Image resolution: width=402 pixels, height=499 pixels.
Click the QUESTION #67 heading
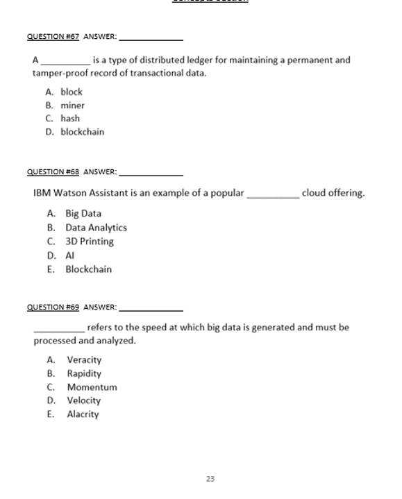point(53,37)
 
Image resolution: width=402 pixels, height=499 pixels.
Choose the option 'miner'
point(72,105)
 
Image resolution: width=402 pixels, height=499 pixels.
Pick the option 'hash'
point(70,119)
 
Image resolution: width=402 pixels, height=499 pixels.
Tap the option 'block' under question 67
point(72,92)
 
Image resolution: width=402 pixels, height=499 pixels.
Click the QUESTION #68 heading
point(53,172)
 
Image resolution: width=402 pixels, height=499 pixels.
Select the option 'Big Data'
point(83,214)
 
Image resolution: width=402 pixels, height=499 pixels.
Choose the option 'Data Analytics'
point(96,228)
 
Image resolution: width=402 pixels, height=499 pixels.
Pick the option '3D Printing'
point(90,242)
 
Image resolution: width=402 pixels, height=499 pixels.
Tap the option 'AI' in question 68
point(71,255)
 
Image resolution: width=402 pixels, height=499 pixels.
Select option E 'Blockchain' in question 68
point(88,269)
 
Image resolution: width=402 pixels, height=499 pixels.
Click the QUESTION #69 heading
point(53,307)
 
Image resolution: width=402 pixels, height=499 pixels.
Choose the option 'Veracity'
point(84,360)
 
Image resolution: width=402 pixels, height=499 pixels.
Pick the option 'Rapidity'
point(84,373)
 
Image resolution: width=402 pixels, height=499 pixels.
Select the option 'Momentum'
point(92,387)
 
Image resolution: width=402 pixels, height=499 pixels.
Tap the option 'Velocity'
point(84,400)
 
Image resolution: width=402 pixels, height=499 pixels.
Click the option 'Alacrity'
point(83,414)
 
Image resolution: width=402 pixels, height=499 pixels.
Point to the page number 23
point(210,479)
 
